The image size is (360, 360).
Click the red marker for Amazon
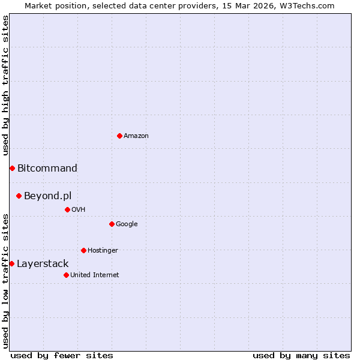point(119,136)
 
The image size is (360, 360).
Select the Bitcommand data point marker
point(12,168)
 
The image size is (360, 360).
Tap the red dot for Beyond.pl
point(19,196)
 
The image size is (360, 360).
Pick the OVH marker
point(67,209)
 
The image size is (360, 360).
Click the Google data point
point(112,224)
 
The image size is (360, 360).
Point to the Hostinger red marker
point(83,250)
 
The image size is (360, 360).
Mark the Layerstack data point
point(11,263)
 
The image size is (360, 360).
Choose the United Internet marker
point(66,275)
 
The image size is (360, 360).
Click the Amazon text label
point(136,136)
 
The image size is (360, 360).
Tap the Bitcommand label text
point(47,168)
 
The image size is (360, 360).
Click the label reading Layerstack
point(43,263)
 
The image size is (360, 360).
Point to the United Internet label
point(95,275)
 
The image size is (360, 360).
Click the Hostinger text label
point(103,250)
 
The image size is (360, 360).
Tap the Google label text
point(127,224)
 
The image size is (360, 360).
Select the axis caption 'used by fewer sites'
point(62,355)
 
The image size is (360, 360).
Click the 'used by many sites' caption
point(301,355)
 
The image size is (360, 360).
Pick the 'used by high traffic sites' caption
point(5,85)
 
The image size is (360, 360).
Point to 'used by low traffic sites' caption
point(5,280)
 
